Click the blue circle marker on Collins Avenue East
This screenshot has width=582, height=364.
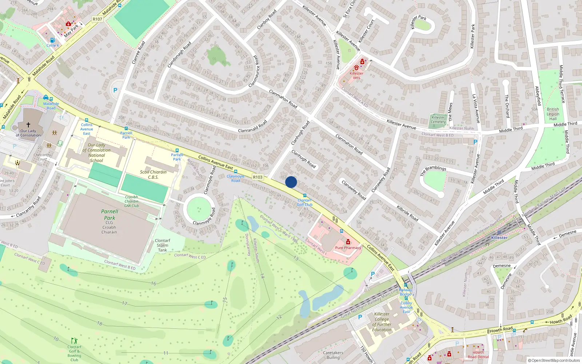(291, 182)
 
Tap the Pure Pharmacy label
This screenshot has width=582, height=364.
(348, 248)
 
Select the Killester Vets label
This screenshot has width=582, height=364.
(356, 75)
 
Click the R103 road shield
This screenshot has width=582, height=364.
(258, 177)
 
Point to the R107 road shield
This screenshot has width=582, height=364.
(97, 19)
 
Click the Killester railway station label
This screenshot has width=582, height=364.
(499, 238)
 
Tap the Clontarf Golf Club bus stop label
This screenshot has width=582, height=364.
(304, 202)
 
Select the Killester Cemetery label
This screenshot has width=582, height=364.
(438, 119)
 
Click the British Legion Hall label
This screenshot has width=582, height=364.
(553, 114)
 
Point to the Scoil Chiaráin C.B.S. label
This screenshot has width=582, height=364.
(153, 175)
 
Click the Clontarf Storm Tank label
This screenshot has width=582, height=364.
(163, 245)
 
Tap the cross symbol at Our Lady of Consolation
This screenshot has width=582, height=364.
(28, 124)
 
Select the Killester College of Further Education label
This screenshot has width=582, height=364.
(382, 322)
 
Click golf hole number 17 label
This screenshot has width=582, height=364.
(125, 303)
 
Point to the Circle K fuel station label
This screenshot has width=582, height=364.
(53, 45)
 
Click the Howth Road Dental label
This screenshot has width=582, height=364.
(478, 355)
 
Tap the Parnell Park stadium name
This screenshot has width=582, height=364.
(109, 214)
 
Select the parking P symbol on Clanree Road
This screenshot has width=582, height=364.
(115, 90)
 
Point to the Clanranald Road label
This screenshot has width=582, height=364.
(252, 126)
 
